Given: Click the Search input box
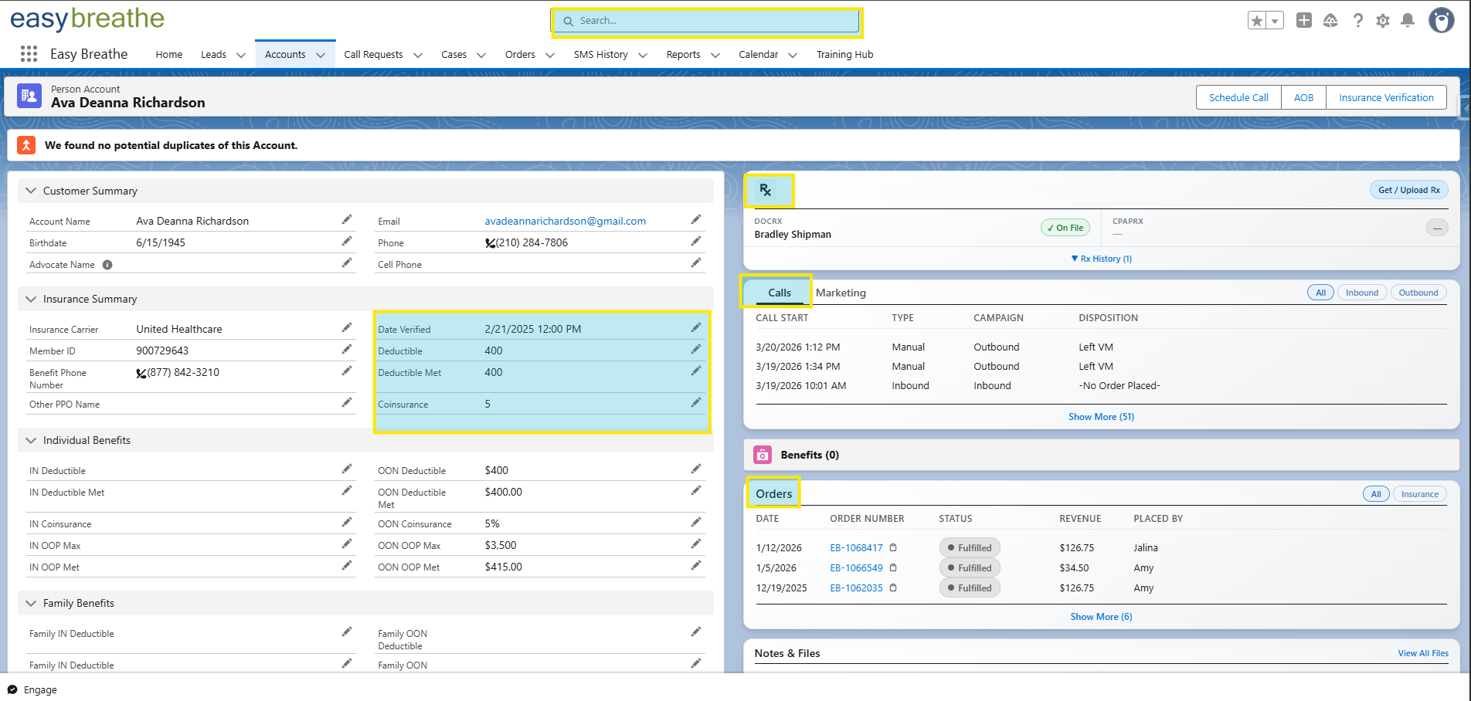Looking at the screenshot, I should [x=707, y=21].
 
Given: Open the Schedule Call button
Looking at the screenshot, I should [x=1238, y=98].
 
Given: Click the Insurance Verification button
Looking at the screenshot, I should [x=1386, y=98].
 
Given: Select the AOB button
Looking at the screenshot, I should [x=1303, y=98].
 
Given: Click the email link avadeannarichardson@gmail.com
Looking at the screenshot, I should [x=565, y=222].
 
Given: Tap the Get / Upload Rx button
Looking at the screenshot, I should [x=1409, y=190].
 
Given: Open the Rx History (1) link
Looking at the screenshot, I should [x=1102, y=259].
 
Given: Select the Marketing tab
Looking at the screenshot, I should [x=841, y=293].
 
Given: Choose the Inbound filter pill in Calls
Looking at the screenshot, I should [x=1361, y=293].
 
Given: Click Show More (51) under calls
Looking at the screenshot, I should [x=1101, y=417].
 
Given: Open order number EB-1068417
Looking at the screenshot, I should [x=856, y=548].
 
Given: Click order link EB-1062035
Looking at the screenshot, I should [x=856, y=588].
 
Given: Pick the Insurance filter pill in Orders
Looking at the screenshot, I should [x=1419, y=495].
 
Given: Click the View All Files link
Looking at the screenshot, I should [x=1423, y=653].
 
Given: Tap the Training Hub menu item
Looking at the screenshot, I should [x=844, y=55].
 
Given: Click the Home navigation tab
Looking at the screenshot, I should [x=168, y=55].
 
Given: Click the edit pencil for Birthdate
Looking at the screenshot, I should [x=347, y=242].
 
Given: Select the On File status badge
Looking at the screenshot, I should [x=1065, y=228].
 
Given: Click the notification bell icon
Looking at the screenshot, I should [x=1408, y=21].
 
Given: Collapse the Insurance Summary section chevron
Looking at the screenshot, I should [x=31, y=300].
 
